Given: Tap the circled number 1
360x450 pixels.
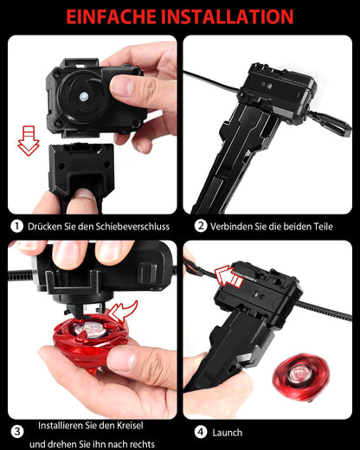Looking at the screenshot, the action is tap(16, 226).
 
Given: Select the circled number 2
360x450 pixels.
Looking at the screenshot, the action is tap(201, 226).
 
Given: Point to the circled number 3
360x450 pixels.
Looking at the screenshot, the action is tap(17, 432).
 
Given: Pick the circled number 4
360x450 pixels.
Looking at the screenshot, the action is tap(201, 432).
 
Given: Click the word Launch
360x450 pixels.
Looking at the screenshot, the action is tap(228, 433).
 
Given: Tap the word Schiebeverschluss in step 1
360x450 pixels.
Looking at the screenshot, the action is tap(132, 227).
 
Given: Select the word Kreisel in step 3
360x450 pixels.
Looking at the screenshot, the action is tap(130, 426).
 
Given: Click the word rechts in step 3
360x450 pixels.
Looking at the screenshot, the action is tap(142, 444).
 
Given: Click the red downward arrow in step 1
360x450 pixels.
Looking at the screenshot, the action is tap(29, 141).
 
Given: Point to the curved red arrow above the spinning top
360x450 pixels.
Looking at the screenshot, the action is tap(123, 311).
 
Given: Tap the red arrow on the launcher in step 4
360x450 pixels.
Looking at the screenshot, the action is tap(227, 276).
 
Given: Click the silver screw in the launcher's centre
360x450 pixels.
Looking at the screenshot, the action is tap(84, 97).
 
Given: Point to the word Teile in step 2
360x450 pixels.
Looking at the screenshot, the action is tap(324, 227).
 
